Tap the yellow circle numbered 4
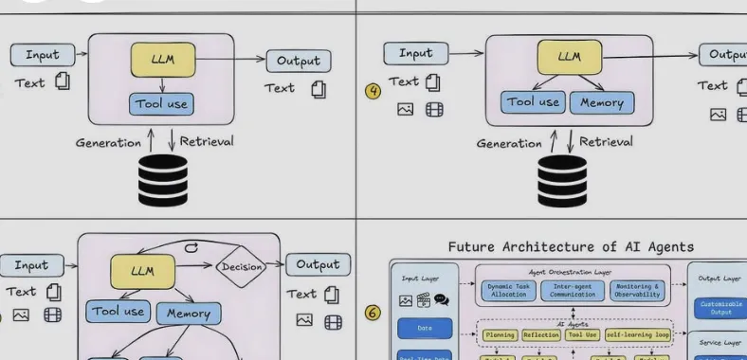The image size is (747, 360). point(373,92)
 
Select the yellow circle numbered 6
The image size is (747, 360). point(373,312)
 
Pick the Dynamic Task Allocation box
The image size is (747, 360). point(508,291)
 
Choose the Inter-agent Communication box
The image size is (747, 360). point(572,291)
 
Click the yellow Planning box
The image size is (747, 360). point(500,334)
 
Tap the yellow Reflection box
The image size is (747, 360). point(541,334)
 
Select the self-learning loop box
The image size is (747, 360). point(637,334)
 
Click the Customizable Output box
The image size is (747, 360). point(720,309)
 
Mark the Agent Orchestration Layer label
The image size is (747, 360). point(572,272)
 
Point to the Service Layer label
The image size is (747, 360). point(720,343)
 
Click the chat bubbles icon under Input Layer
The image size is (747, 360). point(441,300)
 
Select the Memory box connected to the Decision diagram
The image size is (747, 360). point(188,313)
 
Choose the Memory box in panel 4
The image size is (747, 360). point(602,102)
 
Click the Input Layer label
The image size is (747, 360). point(424,279)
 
